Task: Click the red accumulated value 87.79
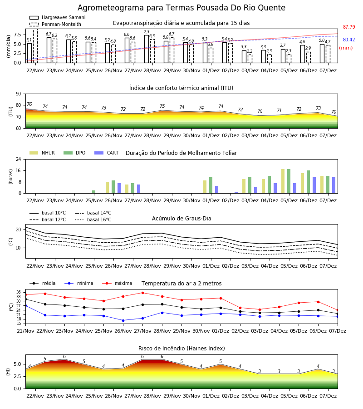tap(349, 27)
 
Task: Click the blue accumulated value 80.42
tap(349, 40)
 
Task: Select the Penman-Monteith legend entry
tap(55, 24)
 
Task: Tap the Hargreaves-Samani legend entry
tap(57, 17)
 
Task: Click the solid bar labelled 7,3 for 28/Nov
tap(147, 49)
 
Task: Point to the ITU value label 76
tap(29, 105)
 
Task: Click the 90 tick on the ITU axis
tap(19, 94)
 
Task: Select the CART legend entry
tap(107, 153)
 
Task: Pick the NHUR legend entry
tap(42, 153)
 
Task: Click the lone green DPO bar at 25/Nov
tap(94, 192)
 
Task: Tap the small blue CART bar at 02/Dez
tap(236, 193)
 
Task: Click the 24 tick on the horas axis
tap(19, 159)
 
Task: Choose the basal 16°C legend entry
tap(93, 219)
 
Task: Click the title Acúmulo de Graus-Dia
tap(181, 218)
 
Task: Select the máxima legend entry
tap(117, 283)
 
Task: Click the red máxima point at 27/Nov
tap(142, 293)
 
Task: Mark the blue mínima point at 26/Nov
tap(123, 320)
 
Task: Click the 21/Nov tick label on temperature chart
tap(25, 331)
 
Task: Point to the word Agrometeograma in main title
tap(111, 8)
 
